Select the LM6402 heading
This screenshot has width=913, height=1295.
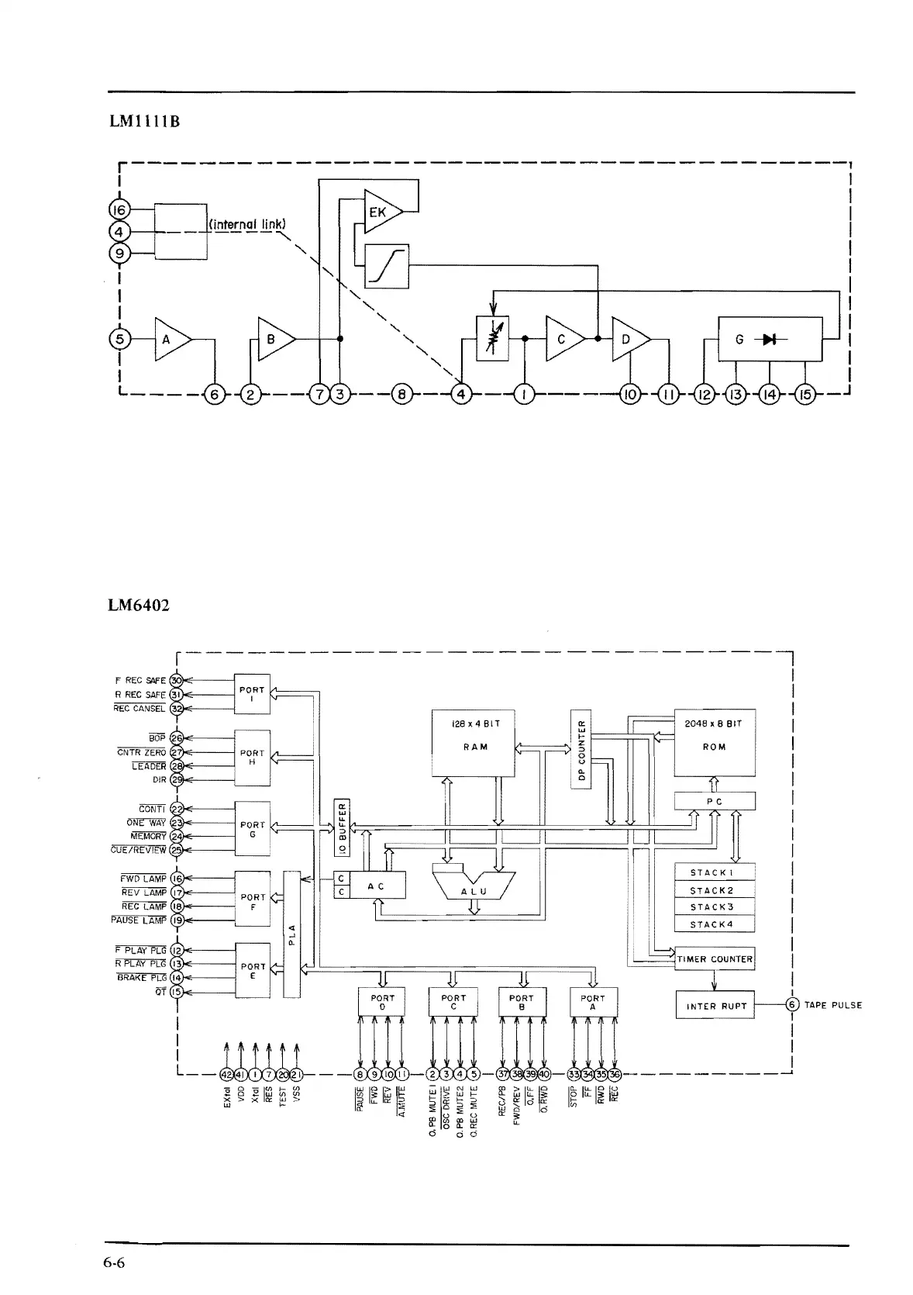click(139, 604)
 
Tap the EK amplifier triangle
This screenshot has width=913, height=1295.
click(381, 211)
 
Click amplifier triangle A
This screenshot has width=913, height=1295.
click(171, 339)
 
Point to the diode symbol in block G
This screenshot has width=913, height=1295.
click(769, 339)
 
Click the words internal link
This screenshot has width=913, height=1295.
click(248, 225)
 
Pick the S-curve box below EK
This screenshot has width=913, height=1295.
click(386, 266)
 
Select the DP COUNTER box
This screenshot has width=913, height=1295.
click(581, 748)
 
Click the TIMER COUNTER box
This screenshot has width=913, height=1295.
click(715, 958)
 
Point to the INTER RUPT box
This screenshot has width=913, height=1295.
click(715, 1006)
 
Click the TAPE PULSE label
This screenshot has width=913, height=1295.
click(833, 1005)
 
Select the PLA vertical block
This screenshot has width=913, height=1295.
click(292, 934)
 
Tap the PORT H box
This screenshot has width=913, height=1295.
click(252, 758)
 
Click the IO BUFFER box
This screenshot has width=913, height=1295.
click(341, 827)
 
